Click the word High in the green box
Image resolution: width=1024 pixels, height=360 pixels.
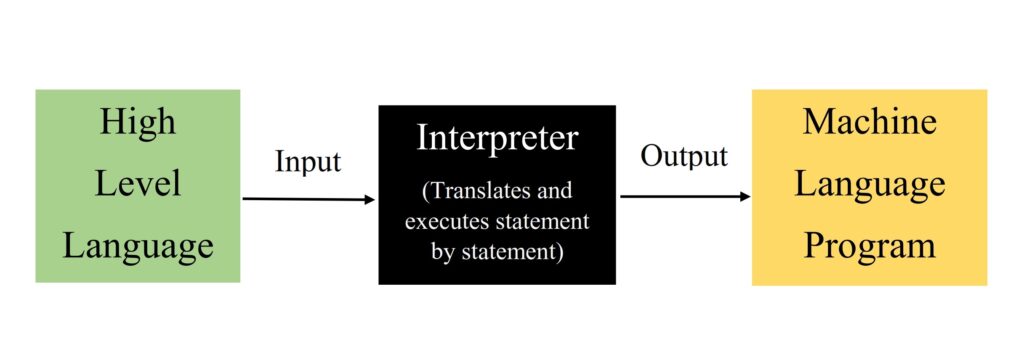138,122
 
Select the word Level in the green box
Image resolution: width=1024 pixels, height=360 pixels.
138,184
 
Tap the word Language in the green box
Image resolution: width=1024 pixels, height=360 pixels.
138,245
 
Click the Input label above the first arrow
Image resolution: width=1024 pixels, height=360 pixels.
308,162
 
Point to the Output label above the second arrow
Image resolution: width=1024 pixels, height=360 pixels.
684,156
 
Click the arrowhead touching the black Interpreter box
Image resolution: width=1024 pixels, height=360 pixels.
369,200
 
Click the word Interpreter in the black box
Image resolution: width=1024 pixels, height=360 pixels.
497,138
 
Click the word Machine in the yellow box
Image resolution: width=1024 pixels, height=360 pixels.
869,122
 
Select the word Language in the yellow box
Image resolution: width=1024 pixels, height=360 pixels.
869,184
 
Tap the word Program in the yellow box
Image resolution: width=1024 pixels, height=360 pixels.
869,245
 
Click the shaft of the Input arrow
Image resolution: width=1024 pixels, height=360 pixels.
300,199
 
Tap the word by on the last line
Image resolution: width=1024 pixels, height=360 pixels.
443,253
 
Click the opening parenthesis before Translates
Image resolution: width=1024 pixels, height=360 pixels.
425,190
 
